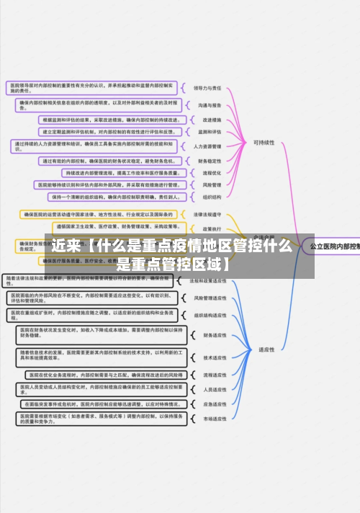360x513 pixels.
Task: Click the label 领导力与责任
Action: tap(207, 88)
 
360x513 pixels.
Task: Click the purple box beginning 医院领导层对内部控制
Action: tap(93, 88)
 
